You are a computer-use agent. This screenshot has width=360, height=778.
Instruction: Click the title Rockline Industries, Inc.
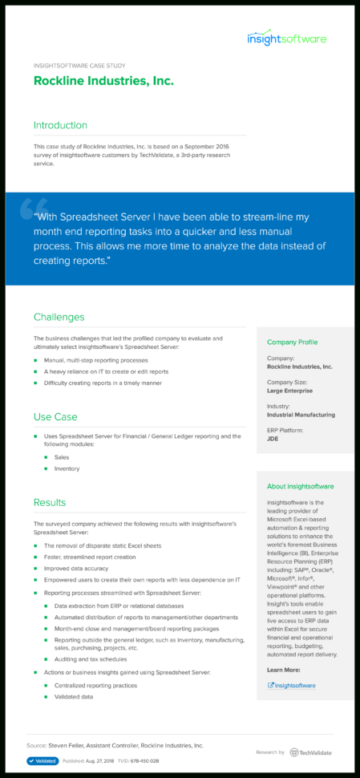pyautogui.click(x=103, y=81)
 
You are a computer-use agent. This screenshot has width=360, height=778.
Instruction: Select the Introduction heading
pyautogui.click(x=60, y=125)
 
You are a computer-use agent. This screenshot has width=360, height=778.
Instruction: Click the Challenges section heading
pyautogui.click(x=59, y=317)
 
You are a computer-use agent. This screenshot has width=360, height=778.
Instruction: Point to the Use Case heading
pyautogui.click(x=55, y=417)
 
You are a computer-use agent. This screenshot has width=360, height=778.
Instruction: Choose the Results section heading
pyautogui.click(x=50, y=503)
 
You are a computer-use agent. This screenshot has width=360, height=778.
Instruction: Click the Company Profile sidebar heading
pyautogui.click(x=292, y=342)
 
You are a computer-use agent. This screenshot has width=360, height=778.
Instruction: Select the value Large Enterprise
pyautogui.click(x=289, y=391)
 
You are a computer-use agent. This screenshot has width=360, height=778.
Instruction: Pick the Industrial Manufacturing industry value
pyautogui.click(x=301, y=415)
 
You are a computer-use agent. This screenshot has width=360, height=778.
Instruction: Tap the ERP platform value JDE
pyautogui.click(x=273, y=440)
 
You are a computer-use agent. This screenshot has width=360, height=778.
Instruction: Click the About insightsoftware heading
pyautogui.click(x=300, y=486)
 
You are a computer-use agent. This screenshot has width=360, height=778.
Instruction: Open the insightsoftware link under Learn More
pyautogui.click(x=294, y=686)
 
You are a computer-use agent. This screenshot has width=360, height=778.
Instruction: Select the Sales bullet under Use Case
pyautogui.click(x=62, y=456)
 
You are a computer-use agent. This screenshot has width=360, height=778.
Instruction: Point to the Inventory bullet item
pyautogui.click(x=67, y=468)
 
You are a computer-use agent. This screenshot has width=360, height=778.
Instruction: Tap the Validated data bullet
pyautogui.click(x=74, y=697)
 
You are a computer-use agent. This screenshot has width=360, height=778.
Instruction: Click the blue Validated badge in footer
pyautogui.click(x=42, y=761)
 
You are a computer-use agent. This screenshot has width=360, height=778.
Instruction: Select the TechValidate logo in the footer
pyautogui.click(x=311, y=752)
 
